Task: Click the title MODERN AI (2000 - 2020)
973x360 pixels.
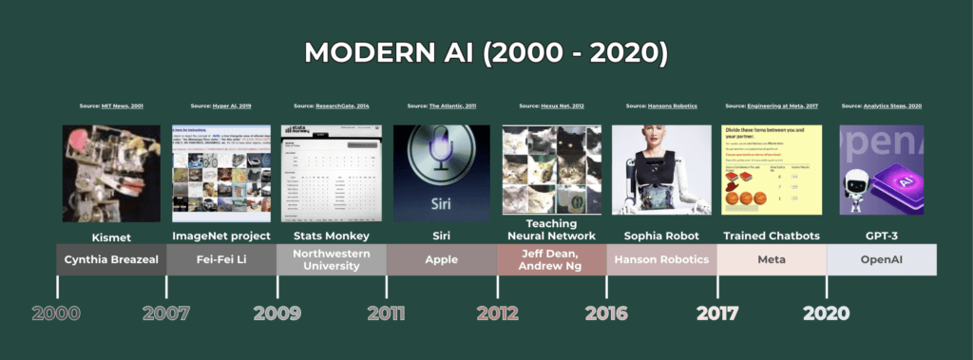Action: [486, 53]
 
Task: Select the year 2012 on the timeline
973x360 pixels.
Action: [498, 313]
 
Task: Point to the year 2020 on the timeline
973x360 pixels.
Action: [825, 313]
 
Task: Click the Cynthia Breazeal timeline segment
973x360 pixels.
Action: [111, 259]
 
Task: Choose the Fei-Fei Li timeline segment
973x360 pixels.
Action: [221, 259]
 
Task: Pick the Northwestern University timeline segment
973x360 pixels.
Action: [332, 259]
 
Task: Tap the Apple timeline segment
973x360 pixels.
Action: [442, 259]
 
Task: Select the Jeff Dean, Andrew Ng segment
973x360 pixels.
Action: [552, 259]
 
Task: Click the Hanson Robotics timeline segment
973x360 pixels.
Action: [662, 259]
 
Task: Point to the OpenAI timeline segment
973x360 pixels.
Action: [882, 259]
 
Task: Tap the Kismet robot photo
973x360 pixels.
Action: [111, 172]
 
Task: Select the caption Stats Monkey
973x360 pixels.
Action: [332, 236]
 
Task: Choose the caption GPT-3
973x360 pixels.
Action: [882, 236]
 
